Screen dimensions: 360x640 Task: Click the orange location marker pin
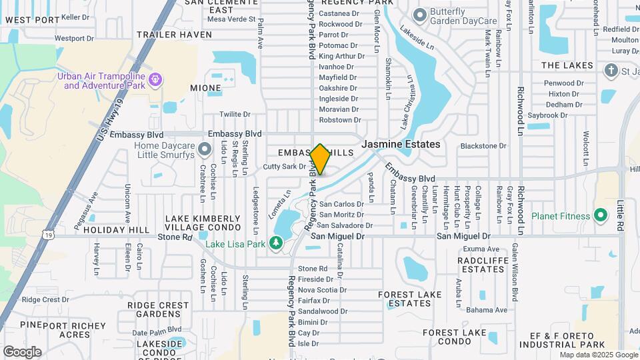click(320, 159)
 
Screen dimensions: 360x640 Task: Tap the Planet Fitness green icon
click(601, 216)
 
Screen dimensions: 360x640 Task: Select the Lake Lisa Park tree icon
click(277, 243)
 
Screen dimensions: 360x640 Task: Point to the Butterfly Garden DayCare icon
click(419, 15)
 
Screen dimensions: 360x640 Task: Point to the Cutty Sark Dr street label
click(285, 167)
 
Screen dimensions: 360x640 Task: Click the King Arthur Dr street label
click(337, 56)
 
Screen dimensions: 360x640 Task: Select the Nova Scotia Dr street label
click(322, 290)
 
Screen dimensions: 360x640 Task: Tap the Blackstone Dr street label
click(483, 146)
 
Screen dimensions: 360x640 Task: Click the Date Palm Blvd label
click(157, 330)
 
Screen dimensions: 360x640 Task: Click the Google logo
click(22, 352)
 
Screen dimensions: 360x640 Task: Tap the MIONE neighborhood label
click(205, 88)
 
